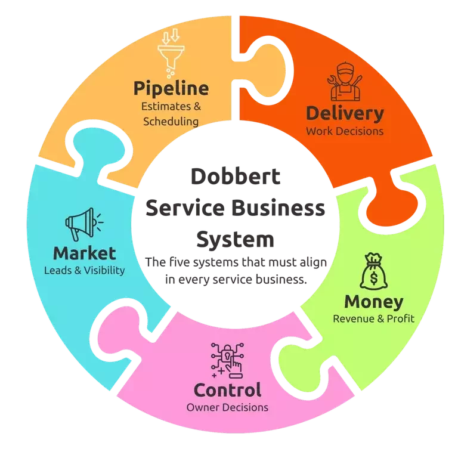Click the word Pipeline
[x=171, y=89]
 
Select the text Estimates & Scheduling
[x=171, y=114]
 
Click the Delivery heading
[x=345, y=113]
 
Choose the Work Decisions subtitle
[x=345, y=131]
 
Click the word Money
[x=373, y=301]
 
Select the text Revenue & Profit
[x=373, y=318]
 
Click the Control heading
[x=227, y=390]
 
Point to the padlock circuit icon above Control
[x=227, y=360]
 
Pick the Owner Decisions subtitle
[x=227, y=408]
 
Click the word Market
[x=84, y=252]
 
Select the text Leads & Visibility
[x=84, y=270]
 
